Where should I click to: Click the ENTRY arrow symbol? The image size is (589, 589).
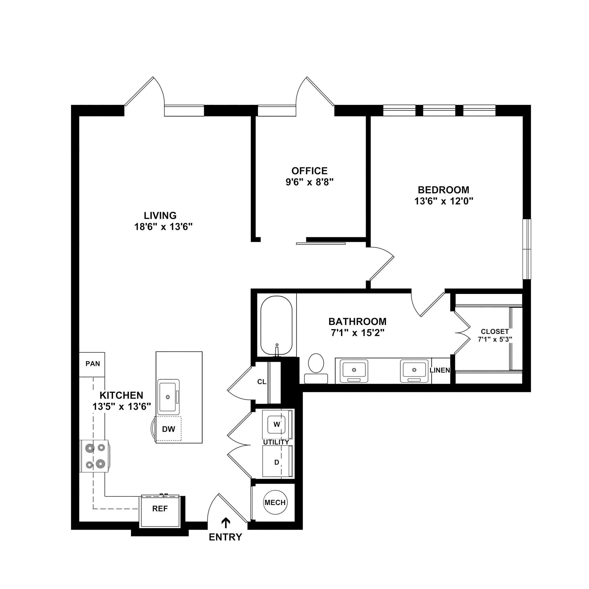[x=225, y=523]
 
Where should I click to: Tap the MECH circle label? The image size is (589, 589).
[x=275, y=502]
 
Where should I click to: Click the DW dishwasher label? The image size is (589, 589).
[x=169, y=429]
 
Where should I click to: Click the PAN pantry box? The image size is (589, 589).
[x=92, y=364]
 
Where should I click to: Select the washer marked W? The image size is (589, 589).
[x=276, y=424]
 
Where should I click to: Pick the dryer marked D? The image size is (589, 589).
[x=276, y=462]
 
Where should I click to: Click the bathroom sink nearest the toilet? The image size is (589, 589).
[x=354, y=370]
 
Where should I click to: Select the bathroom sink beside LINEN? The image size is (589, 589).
[x=414, y=370]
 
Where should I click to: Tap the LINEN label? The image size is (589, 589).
[x=440, y=370]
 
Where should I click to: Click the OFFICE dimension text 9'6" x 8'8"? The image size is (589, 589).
[x=309, y=182]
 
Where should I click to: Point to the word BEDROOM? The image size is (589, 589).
[x=443, y=190]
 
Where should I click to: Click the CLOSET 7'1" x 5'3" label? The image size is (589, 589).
[x=494, y=335]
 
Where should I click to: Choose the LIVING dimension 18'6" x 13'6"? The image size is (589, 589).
[x=163, y=227]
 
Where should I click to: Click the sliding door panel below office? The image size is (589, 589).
[x=321, y=244]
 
